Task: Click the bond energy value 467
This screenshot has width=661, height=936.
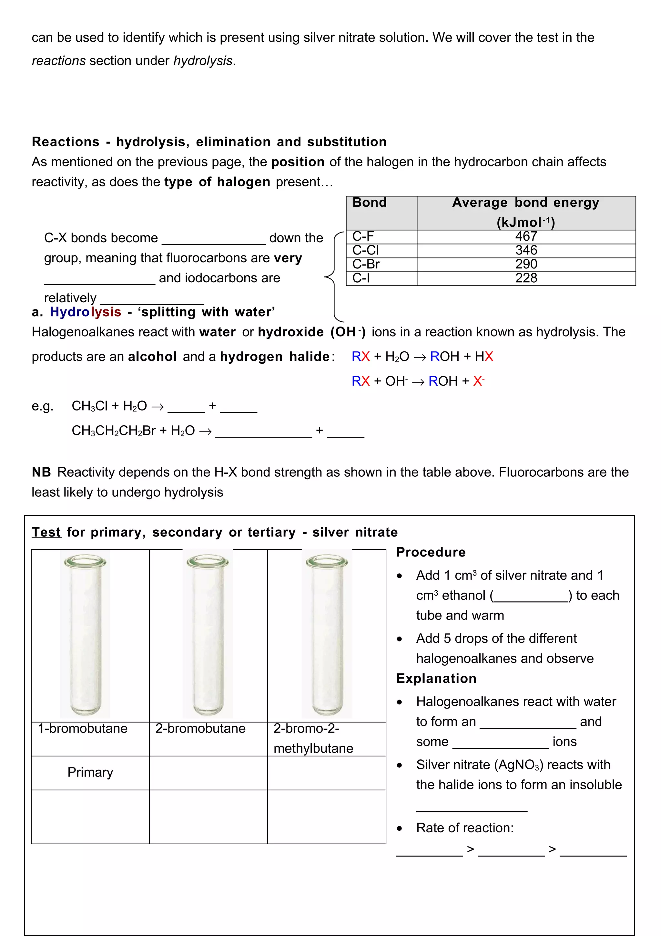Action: point(526,236)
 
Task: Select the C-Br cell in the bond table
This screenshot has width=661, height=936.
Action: point(366,264)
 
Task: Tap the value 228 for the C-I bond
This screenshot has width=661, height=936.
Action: point(526,278)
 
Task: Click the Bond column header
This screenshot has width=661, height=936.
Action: point(370,203)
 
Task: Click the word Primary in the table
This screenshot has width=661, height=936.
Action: point(90,772)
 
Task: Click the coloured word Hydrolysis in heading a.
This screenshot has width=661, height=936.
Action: point(86,312)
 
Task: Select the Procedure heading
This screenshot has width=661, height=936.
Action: point(431,552)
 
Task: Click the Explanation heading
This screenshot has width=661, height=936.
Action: point(436,678)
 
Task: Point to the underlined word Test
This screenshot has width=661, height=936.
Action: point(46,532)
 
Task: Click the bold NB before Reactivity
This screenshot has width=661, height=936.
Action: point(41,472)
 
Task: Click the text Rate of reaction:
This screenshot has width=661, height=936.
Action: point(465,828)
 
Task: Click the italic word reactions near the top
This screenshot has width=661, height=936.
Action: point(59,61)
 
